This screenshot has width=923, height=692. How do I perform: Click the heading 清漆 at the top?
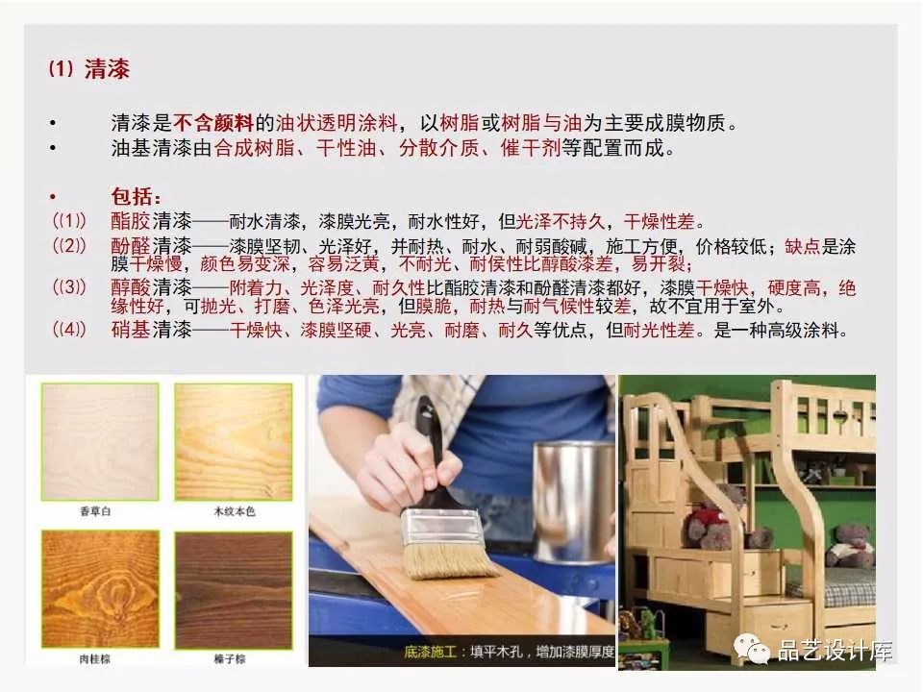(x=107, y=69)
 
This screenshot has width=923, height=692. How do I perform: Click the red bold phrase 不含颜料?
(x=213, y=123)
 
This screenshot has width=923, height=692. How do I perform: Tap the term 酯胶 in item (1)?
(x=131, y=221)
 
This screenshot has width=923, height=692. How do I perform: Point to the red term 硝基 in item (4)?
(x=131, y=330)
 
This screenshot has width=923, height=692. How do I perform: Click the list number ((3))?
(x=69, y=287)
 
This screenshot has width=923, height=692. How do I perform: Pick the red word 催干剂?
(x=531, y=147)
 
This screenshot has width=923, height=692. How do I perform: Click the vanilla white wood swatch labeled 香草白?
(x=100, y=441)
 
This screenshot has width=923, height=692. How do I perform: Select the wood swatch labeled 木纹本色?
(x=234, y=441)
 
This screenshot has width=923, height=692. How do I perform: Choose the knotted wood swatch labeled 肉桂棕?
(x=100, y=589)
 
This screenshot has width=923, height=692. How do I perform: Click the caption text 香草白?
(x=95, y=511)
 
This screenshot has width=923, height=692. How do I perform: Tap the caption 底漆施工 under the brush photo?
(x=431, y=652)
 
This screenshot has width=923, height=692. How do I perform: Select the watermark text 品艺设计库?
(x=835, y=651)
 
